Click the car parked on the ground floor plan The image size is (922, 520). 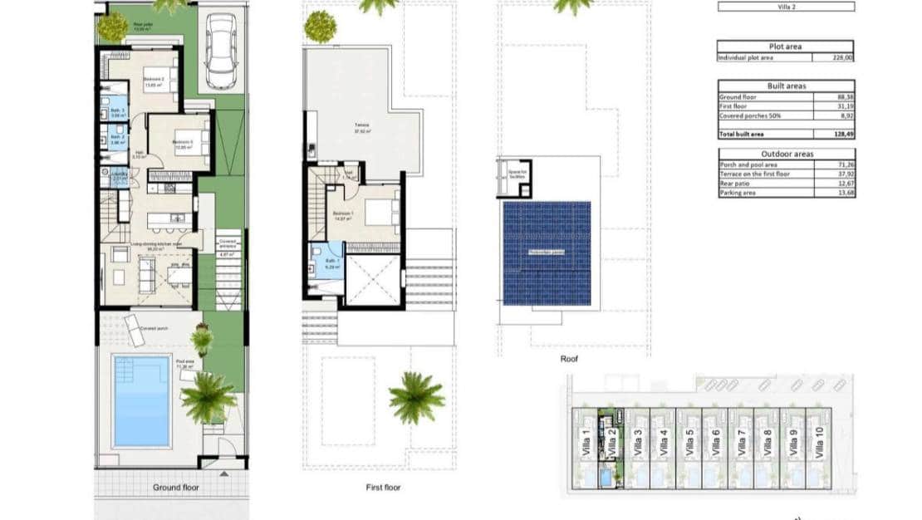click(x=222, y=52)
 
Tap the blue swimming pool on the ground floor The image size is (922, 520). click(x=140, y=401)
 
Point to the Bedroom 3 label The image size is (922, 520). click(x=182, y=142)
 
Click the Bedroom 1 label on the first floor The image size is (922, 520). click(x=343, y=213)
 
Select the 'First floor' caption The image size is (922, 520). click(x=383, y=488)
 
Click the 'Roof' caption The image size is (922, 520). click(x=570, y=360)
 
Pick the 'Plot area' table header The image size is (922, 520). click(x=785, y=47)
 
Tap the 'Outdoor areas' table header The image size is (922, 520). click(x=785, y=154)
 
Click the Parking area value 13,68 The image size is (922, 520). click(x=844, y=194)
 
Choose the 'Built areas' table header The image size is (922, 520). click(x=785, y=86)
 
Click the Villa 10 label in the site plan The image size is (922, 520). click(x=820, y=444)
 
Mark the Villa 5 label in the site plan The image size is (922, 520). click(x=689, y=444)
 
